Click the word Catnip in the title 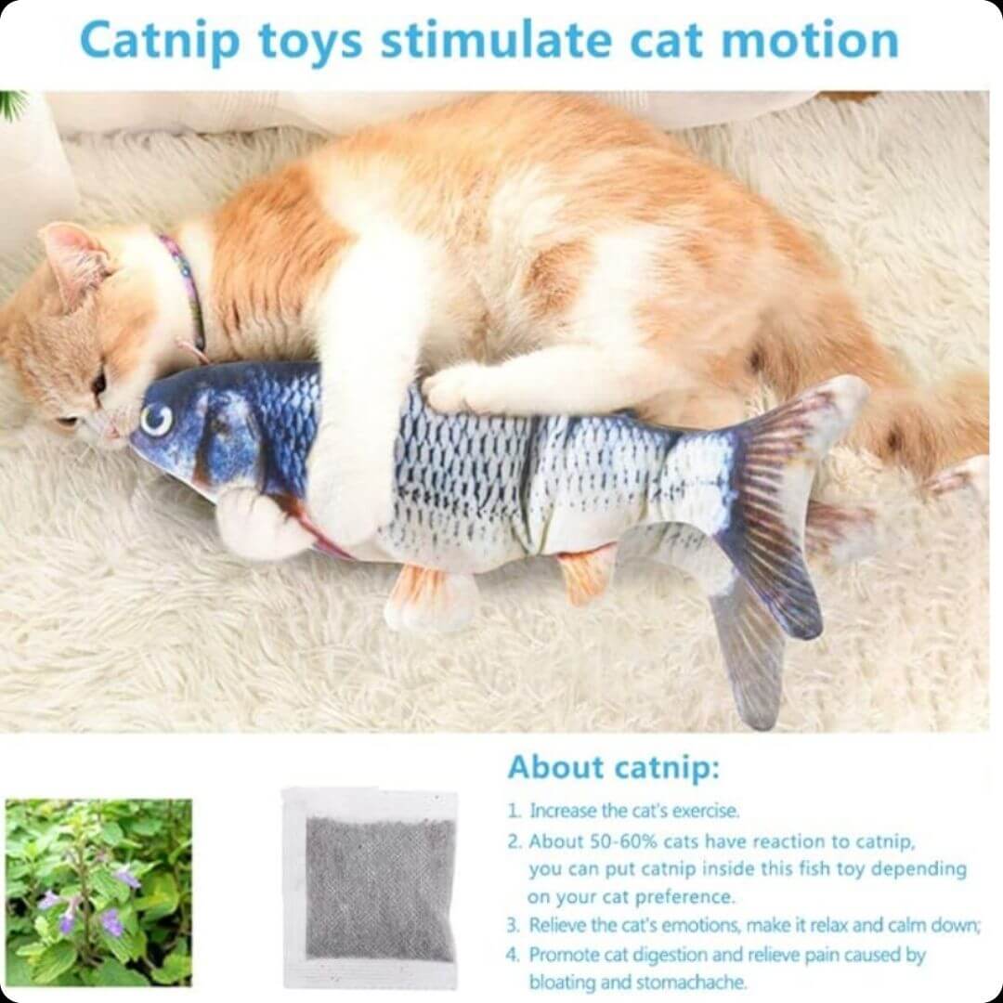coord(160,42)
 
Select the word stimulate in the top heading coord(496,40)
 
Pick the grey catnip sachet coord(371,889)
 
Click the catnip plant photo coord(98,892)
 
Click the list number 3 coord(513,925)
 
